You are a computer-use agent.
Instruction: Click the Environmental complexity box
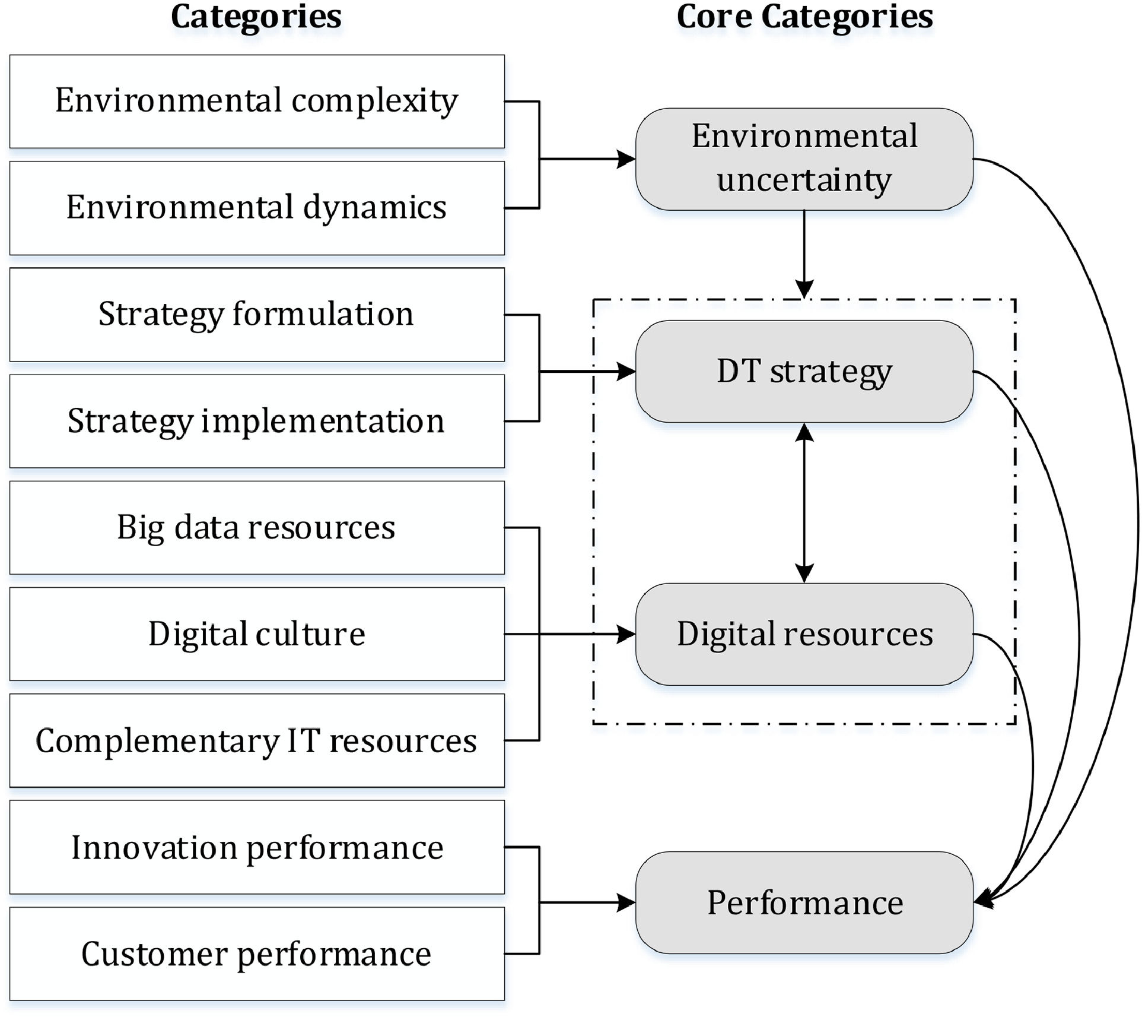click(257, 102)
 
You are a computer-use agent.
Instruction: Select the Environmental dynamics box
click(257, 208)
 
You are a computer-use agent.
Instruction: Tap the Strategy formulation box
click(257, 315)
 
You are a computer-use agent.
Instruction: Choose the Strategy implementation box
click(257, 421)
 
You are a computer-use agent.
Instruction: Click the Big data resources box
click(257, 528)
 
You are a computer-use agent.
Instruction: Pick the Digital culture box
click(257, 634)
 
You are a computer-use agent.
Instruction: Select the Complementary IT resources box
click(257, 740)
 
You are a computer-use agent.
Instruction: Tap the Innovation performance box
click(257, 847)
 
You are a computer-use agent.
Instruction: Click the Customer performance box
click(257, 953)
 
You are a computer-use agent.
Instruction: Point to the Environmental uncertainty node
click(804, 159)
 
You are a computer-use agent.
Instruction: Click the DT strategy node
click(804, 372)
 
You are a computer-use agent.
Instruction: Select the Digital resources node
click(804, 634)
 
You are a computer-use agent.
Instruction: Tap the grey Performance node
click(804, 903)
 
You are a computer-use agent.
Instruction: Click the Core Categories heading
click(804, 17)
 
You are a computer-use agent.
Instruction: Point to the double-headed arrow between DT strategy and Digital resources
click(804, 503)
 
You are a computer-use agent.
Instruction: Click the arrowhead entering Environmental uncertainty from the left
click(626, 159)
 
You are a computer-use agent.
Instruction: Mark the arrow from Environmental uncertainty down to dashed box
click(804, 254)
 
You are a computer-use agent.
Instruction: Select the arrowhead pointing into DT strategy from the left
click(626, 372)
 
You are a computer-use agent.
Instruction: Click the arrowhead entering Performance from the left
click(626, 903)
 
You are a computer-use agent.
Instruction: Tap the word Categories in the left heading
click(256, 17)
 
